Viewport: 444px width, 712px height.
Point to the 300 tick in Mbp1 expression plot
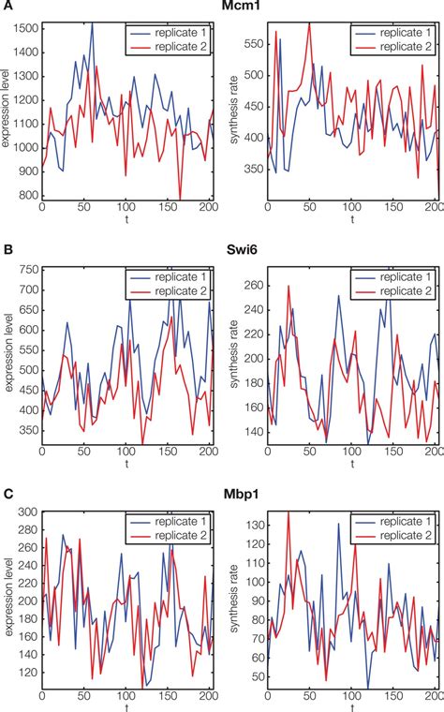[x=29, y=513]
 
